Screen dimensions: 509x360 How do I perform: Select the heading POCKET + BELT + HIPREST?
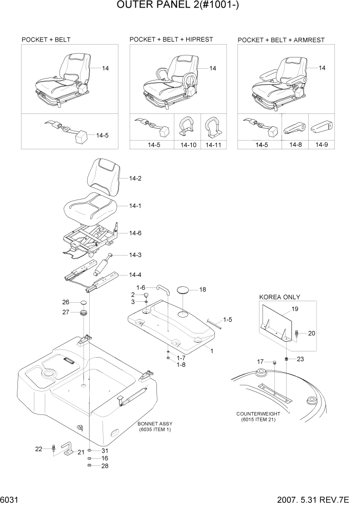click(x=171, y=39)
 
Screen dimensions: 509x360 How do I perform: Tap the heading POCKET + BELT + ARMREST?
click(x=281, y=40)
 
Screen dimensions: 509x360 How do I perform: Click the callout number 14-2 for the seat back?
click(x=135, y=179)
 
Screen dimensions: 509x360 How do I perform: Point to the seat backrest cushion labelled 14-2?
click(x=105, y=177)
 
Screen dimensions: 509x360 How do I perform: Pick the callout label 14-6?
click(x=135, y=233)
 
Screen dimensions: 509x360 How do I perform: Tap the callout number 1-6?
click(x=141, y=287)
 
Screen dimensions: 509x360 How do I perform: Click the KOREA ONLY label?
click(x=279, y=297)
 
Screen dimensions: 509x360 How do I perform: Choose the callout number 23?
click(x=301, y=359)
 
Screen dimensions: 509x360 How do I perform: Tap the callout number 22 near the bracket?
click(x=38, y=449)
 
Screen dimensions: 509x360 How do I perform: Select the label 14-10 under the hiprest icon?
click(x=188, y=145)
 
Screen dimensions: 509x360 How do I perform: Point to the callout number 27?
click(x=66, y=312)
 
